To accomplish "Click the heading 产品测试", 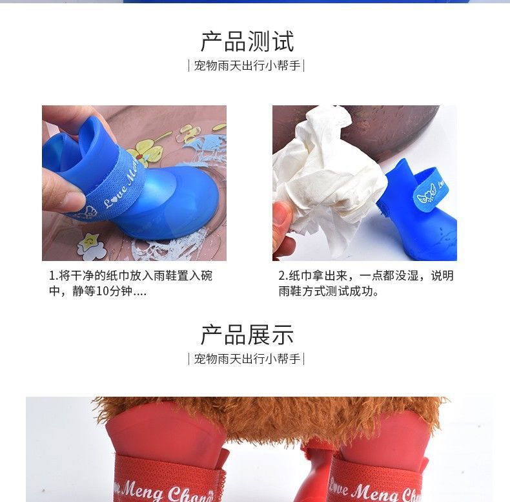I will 247,41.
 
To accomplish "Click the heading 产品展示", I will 247,335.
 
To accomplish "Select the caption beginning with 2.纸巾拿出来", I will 366,284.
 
